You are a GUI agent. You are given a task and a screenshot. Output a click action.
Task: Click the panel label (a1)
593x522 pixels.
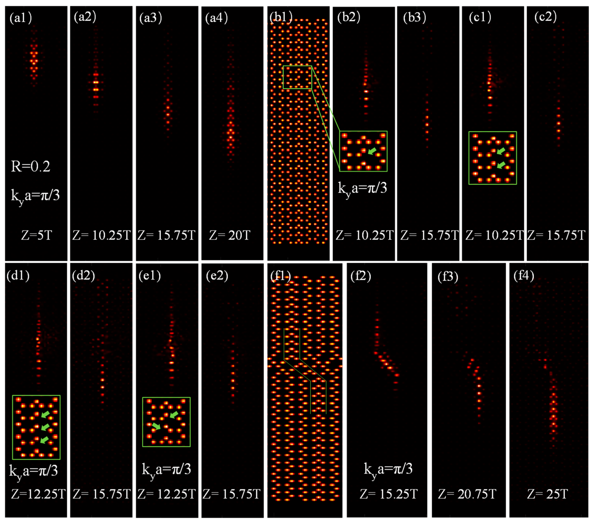(20, 18)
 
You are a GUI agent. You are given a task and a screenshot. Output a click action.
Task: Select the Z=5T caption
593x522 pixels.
(36, 235)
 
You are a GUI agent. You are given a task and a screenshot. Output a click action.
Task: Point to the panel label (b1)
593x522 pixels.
(281, 18)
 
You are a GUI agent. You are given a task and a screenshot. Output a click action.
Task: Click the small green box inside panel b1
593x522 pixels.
(297, 77)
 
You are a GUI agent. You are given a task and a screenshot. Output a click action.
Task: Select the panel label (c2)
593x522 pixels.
(545, 17)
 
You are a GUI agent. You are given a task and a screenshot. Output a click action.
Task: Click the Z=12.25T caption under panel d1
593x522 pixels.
(38, 494)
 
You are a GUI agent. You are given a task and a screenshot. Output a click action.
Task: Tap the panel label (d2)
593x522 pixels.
(83, 275)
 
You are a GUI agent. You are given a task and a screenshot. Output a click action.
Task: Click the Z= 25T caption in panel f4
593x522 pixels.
(547, 494)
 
